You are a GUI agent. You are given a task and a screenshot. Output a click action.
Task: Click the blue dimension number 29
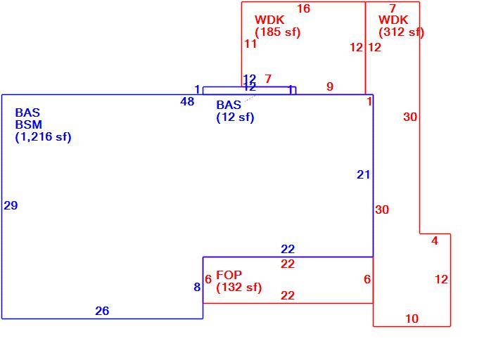click(11, 205)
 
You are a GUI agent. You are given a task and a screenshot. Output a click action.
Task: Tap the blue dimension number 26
click(102, 311)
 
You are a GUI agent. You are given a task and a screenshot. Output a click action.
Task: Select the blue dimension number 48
click(187, 101)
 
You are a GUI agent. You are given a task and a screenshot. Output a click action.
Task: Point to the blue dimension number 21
click(363, 174)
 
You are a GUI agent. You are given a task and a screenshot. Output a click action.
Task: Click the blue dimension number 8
click(197, 287)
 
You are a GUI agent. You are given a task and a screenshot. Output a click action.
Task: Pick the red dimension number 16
click(303, 8)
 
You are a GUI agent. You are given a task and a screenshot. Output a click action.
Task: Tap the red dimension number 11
click(250, 44)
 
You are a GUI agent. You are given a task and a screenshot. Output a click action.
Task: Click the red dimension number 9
click(330, 86)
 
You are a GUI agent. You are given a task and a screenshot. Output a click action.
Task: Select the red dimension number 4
click(435, 240)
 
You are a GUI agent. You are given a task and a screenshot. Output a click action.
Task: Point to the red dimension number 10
click(412, 319)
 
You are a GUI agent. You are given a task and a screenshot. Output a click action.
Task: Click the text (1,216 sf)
click(43, 136)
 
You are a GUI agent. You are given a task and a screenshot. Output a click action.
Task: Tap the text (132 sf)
click(239, 287)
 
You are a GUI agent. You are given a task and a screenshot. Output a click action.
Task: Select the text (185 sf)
click(277, 32)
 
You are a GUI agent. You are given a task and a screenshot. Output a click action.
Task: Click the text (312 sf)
click(401, 32)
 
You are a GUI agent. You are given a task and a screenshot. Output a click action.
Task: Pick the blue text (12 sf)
click(235, 117)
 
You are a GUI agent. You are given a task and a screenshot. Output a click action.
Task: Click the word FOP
click(229, 274)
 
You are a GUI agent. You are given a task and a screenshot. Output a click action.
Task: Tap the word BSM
click(29, 124)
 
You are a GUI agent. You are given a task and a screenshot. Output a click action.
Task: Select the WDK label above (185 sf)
click(269, 20)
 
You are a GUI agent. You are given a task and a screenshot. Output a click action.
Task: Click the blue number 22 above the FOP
click(288, 249)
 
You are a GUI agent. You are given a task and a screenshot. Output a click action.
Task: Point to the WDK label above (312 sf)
click(393, 20)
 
